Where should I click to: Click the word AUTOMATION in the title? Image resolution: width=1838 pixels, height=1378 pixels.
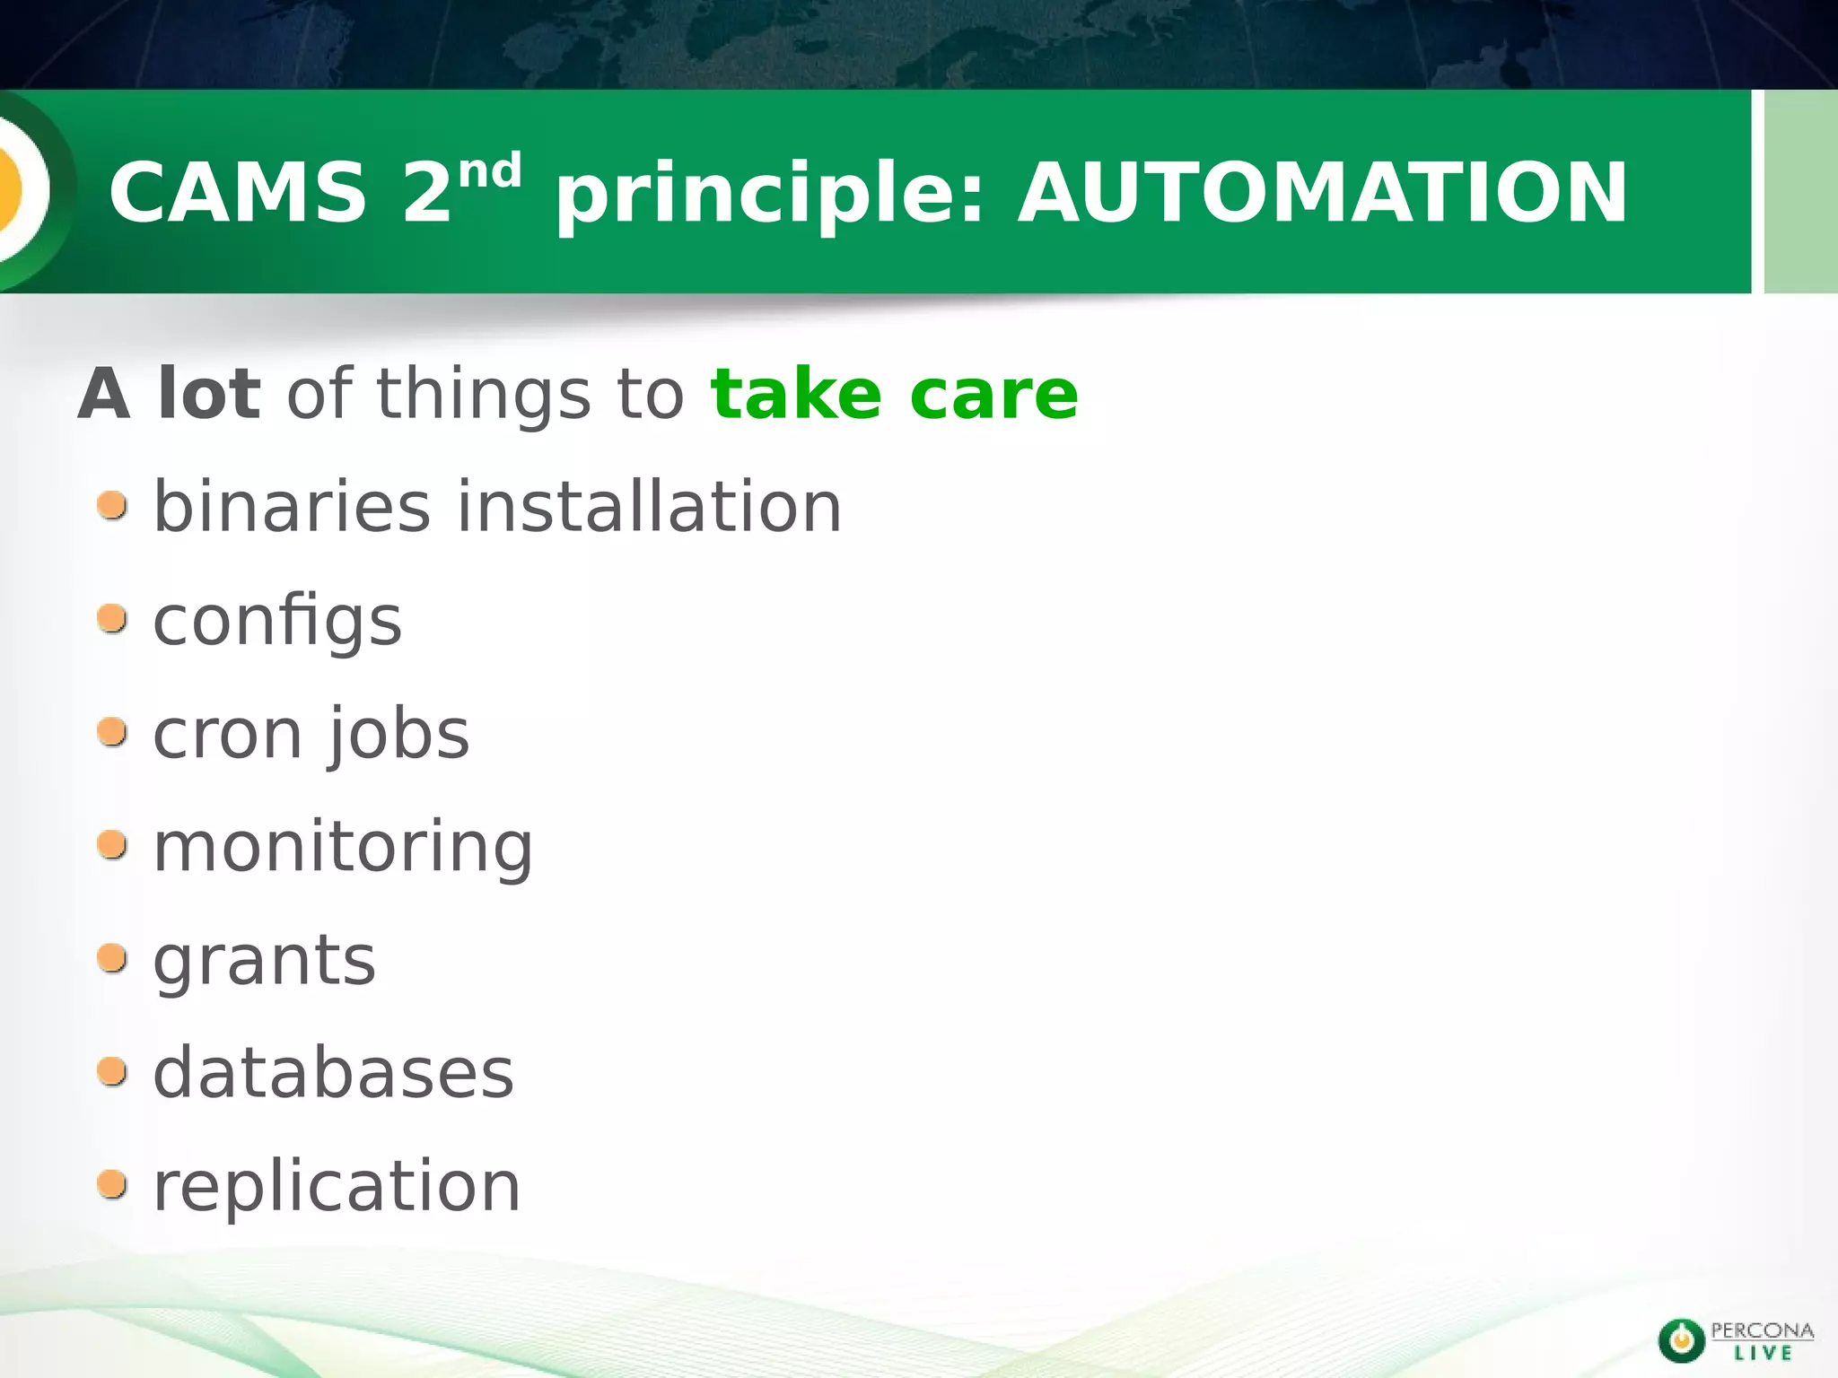1322,193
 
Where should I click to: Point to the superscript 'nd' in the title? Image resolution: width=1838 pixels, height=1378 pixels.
490,170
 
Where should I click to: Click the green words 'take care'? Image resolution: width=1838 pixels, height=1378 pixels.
894,395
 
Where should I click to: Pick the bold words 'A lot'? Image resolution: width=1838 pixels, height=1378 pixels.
170,395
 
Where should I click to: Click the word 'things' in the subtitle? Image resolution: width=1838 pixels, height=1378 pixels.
484,397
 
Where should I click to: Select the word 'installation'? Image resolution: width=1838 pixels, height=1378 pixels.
650,508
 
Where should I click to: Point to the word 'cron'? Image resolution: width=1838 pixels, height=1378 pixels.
227,735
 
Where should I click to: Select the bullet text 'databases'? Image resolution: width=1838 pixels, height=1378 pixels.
333,1074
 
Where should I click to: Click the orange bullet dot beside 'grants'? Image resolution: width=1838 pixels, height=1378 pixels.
112,958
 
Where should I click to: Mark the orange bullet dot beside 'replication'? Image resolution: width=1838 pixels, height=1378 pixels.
112,1184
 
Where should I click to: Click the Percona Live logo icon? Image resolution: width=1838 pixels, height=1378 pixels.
1681,1340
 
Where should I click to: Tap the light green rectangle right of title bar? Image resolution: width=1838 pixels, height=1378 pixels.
1800,192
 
